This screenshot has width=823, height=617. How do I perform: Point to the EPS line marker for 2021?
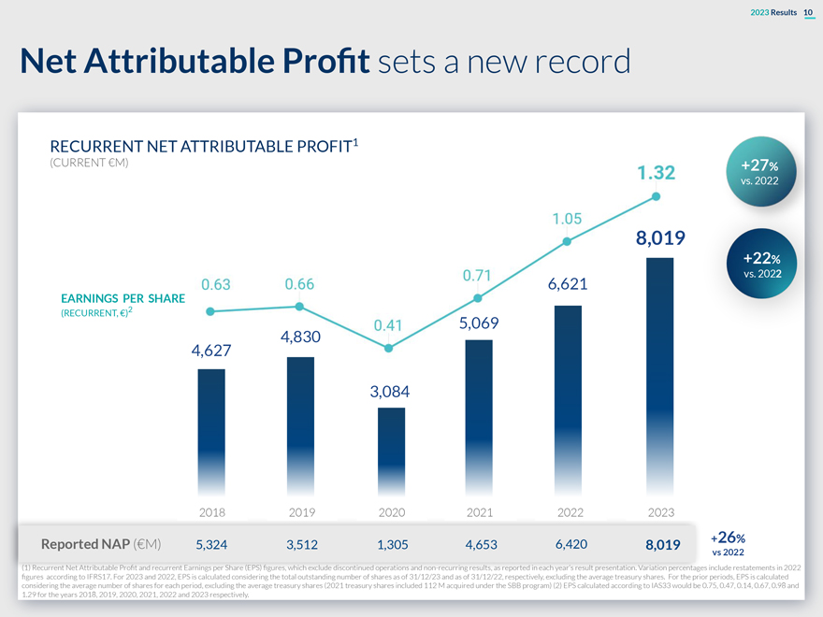click(x=478, y=298)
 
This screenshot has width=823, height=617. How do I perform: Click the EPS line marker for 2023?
click(x=657, y=196)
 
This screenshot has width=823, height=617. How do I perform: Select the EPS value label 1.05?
click(x=568, y=219)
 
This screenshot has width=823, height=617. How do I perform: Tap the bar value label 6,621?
click(x=560, y=283)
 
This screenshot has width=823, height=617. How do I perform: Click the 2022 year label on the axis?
click(x=570, y=512)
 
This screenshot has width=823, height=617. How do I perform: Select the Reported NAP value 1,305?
click(x=391, y=544)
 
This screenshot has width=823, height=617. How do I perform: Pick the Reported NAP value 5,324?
click(x=212, y=544)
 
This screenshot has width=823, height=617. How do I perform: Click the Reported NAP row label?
click(x=101, y=544)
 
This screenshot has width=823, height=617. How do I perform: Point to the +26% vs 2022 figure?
click(x=729, y=543)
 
